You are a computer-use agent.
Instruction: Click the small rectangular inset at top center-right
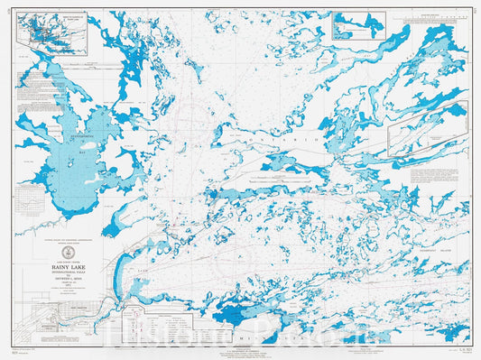pyautogui.click(x=358, y=25)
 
